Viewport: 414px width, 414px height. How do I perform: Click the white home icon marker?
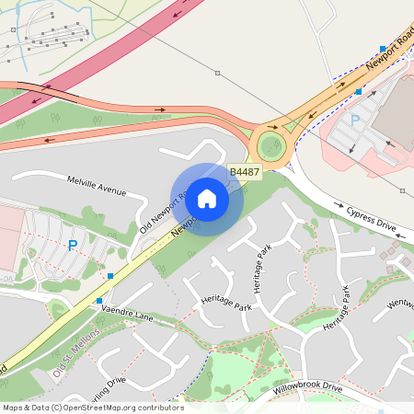tap(207, 198)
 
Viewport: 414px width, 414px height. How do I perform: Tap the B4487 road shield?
tap(244, 172)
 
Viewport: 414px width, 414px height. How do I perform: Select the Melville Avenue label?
tap(95, 185)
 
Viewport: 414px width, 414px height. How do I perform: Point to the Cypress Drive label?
tap(371, 218)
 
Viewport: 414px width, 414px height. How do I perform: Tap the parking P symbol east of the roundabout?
tap(355, 121)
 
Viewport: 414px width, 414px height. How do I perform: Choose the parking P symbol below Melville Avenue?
tap(73, 246)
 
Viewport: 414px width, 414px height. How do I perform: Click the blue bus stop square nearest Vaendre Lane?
tap(99, 300)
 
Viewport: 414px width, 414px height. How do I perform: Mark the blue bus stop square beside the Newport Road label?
tap(383, 49)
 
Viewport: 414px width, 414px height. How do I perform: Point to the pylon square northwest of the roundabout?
tap(218, 73)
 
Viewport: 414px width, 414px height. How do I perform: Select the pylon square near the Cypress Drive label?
tap(403, 191)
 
